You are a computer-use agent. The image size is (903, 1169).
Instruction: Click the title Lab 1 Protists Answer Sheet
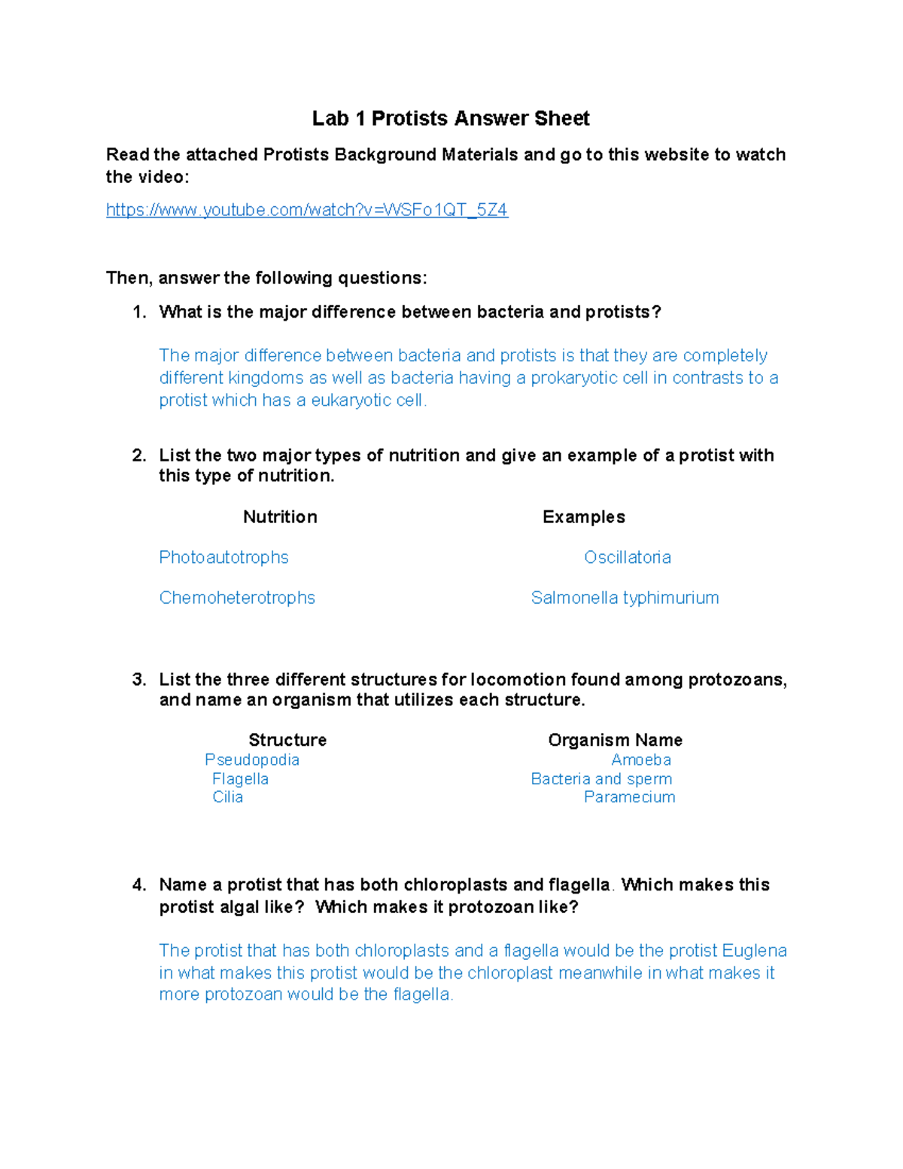coord(451,118)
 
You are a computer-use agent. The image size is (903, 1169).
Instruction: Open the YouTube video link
coord(307,210)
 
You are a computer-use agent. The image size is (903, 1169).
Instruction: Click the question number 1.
coord(138,312)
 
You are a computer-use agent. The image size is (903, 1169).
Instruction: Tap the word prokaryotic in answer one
coord(576,378)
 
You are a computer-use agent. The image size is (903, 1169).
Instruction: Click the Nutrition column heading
coord(280,517)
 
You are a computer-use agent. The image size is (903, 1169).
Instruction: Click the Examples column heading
coord(583,517)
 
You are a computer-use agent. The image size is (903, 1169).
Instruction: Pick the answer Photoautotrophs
coord(223,558)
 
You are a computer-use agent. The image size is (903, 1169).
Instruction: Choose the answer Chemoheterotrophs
coord(237,598)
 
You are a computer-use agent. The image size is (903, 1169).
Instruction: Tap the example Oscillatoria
coord(627,558)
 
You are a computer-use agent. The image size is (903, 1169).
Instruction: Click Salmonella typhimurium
coord(625,598)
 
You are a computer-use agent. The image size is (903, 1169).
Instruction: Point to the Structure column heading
coord(287,740)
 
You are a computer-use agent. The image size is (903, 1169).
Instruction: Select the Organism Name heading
coord(615,740)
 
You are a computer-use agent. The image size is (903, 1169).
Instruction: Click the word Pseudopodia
coord(252,760)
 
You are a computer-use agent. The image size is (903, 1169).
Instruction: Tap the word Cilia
coord(227,797)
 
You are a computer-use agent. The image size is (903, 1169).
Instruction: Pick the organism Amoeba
coord(640,760)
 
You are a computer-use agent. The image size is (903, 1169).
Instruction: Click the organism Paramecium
coord(629,797)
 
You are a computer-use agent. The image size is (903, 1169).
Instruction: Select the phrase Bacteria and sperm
coord(601,779)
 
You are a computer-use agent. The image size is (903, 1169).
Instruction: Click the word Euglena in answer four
coord(754,951)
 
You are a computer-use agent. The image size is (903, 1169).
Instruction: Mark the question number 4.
coord(138,885)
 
